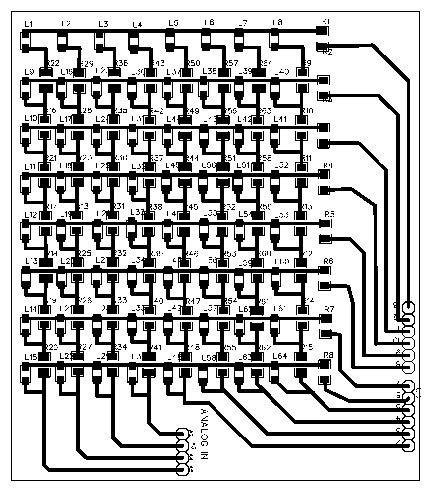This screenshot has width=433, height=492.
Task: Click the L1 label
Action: click(28, 24)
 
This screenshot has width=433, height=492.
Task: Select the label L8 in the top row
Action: click(277, 22)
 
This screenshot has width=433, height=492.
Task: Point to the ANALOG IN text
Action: click(204, 435)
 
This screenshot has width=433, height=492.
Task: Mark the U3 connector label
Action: click(419, 393)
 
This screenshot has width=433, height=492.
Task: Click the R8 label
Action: click(328, 355)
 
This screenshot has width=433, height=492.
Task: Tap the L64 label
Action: click(280, 356)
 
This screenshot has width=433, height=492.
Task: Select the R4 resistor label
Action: click(327, 165)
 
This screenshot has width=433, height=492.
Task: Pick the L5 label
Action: click(173, 23)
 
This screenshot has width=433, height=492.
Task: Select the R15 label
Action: click(307, 347)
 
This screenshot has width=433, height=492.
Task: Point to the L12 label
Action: click(30, 215)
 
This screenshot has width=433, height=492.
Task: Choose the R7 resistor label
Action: click(329, 309)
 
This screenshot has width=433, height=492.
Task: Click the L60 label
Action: click(281, 261)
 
